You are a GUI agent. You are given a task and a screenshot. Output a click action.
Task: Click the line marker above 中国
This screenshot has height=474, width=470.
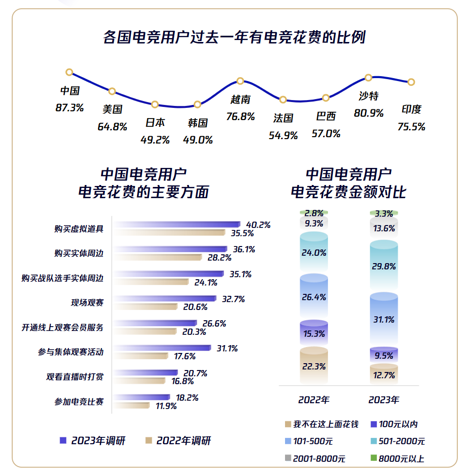[69, 72]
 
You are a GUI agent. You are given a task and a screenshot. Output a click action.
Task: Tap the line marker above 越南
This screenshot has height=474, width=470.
[240, 81]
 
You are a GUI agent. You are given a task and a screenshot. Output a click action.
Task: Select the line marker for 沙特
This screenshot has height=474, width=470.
[368, 78]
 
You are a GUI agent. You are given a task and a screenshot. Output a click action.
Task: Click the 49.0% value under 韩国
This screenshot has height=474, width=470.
[198, 140]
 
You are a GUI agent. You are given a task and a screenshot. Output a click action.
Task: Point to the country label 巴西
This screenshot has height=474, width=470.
[326, 117]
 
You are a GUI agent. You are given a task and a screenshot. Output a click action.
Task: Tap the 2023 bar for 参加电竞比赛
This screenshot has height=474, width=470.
[142, 397]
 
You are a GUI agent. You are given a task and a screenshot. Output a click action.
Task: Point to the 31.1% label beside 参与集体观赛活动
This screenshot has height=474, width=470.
[227, 349]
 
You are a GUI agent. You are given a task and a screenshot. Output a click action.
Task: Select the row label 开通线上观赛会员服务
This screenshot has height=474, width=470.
[62, 328]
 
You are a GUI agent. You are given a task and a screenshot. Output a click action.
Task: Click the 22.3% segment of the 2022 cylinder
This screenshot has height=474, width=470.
[314, 366]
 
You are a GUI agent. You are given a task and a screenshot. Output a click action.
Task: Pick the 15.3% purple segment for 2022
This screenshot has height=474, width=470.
[314, 333]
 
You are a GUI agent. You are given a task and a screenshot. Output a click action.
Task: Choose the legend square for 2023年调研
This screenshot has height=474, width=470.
[62, 440]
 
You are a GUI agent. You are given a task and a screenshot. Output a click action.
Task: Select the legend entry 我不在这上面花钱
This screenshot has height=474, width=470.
[321, 424]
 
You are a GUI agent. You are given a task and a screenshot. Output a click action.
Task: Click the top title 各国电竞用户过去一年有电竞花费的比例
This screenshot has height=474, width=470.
[234, 38]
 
